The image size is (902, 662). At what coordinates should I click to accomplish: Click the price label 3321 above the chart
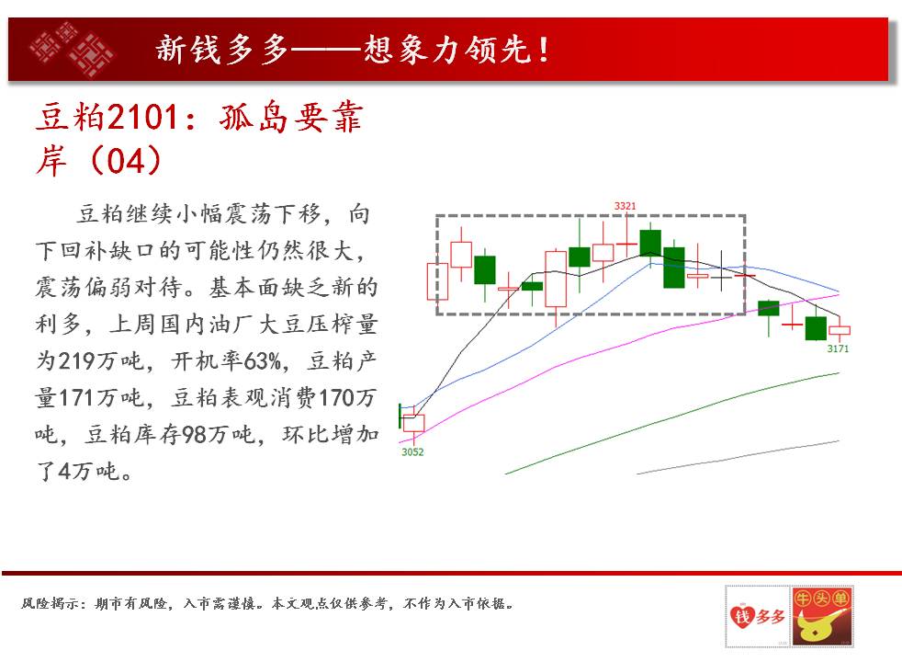625,206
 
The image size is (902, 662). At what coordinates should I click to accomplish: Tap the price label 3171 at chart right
838,348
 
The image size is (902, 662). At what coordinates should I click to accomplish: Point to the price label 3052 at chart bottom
412,451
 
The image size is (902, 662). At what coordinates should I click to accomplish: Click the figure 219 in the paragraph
75,361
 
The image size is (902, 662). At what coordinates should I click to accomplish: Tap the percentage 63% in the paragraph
263,361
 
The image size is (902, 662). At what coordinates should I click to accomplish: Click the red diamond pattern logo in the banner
72,49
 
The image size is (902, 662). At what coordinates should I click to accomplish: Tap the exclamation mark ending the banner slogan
543,50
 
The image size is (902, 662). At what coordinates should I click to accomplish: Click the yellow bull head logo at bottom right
821,617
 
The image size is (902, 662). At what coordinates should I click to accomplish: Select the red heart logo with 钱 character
742,617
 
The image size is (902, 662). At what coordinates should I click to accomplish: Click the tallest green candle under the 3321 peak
673,268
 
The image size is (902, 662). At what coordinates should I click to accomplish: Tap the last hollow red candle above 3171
840,330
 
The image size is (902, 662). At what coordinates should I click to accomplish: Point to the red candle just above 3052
413,423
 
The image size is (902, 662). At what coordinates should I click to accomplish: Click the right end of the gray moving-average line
839,441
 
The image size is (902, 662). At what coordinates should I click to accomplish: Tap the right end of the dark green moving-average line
839,373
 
